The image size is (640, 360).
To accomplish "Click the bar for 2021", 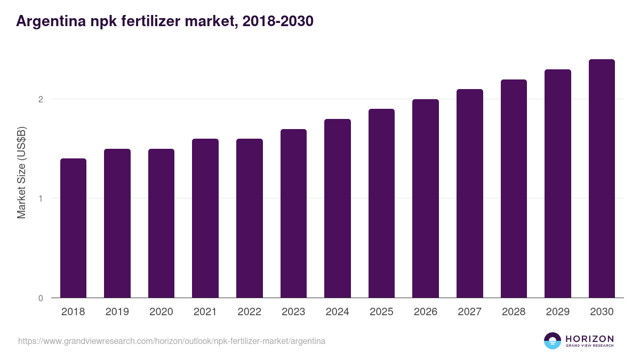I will pyautogui.click(x=205, y=218).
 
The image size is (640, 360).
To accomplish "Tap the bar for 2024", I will pyautogui.click(x=338, y=209).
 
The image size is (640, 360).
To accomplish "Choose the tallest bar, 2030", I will pyautogui.click(x=602, y=179).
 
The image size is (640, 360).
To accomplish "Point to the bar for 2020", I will pyautogui.click(x=161, y=223).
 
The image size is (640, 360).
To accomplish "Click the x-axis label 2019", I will pyautogui.click(x=117, y=312).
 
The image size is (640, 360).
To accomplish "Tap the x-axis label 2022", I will pyautogui.click(x=249, y=312).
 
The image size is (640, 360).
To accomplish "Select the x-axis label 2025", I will pyautogui.click(x=381, y=312).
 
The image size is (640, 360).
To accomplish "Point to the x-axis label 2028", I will pyautogui.click(x=514, y=312).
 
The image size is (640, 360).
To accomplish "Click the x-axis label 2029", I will pyautogui.click(x=557, y=312).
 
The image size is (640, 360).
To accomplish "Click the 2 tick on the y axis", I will pyautogui.click(x=40, y=99).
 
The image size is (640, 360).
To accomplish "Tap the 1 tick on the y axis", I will pyautogui.click(x=40, y=198).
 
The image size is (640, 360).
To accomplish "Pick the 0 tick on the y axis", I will pyautogui.click(x=40, y=298).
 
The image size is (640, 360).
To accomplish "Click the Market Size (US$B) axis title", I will pyautogui.click(x=21, y=172).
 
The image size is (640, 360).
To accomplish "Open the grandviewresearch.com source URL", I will pyautogui.click(x=171, y=341).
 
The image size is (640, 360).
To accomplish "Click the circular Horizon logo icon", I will pyautogui.click(x=553, y=341).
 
